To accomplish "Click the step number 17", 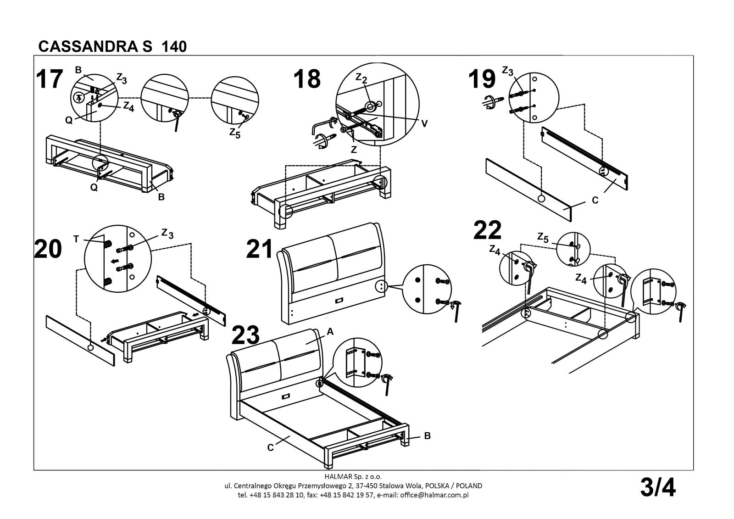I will [49, 79].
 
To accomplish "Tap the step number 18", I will [307, 79].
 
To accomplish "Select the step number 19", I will [482, 79].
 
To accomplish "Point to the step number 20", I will [48, 249].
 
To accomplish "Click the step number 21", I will [260, 249].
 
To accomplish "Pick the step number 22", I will [487, 230].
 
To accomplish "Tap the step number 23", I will [245, 335].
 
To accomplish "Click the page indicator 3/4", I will [658, 487].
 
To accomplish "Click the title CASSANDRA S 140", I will [113, 47].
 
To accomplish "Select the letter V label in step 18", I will [425, 123].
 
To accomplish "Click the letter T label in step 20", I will [76, 239].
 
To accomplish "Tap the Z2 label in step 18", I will [361, 79].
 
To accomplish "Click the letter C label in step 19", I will [595, 200].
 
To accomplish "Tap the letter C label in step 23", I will [271, 447].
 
